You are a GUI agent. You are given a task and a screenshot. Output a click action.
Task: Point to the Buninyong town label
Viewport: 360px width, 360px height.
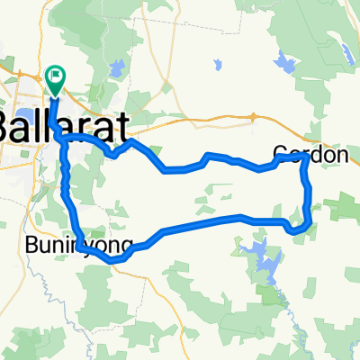pos(79,245)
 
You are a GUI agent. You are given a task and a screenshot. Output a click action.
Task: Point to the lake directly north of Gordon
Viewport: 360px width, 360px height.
pos(286,63)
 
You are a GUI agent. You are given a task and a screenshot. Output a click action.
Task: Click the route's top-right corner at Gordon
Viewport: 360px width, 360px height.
pos(303,157)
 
